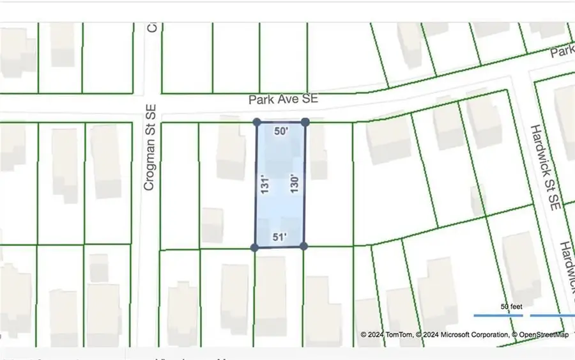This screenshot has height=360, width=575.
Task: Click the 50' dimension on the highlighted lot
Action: (280, 132)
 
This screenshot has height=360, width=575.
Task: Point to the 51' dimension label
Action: (280, 237)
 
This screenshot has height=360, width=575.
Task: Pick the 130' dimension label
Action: (295, 185)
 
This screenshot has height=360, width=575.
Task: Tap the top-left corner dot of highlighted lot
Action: (257, 121)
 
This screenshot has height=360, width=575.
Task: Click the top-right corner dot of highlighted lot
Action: (305, 121)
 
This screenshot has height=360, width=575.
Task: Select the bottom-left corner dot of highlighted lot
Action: (255, 247)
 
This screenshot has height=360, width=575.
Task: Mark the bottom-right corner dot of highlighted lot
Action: (303, 246)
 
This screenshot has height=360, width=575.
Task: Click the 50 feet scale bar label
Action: (511, 307)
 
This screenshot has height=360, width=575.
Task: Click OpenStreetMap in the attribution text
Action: (542, 334)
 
